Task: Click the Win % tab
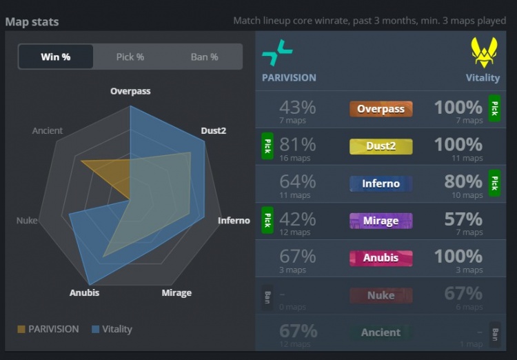56,57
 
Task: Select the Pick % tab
130,57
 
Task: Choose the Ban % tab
204,57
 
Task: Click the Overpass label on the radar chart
130,91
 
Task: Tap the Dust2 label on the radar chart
214,130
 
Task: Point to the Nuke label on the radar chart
27,221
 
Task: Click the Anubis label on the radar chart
84,292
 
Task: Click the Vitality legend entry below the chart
112,329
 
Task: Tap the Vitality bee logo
485,52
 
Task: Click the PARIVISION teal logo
277,52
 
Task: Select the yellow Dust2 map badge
381,146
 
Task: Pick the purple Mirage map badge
381,221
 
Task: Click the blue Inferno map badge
381,183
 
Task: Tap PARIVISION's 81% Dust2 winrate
298,145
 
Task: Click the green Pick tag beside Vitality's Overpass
494,109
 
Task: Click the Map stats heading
32,21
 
